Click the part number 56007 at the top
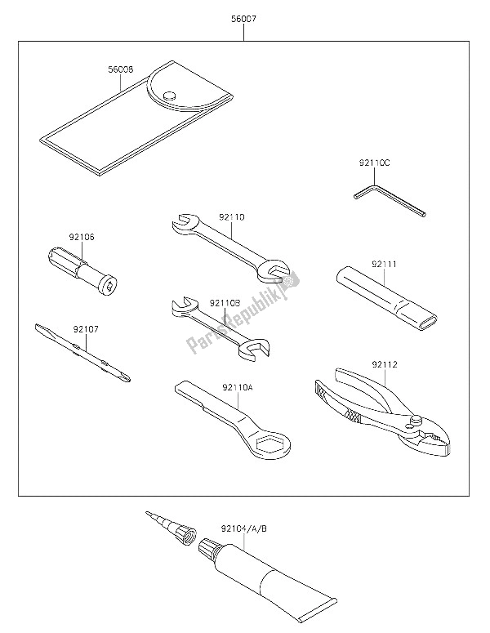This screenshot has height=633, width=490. click(245, 16)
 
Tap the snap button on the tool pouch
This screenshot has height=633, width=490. click(170, 96)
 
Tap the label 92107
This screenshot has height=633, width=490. click(85, 330)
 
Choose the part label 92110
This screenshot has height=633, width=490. click(232, 217)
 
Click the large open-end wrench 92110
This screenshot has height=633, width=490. click(233, 245)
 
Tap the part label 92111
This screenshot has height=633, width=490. click(383, 265)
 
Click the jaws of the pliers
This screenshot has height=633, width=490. click(429, 434)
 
